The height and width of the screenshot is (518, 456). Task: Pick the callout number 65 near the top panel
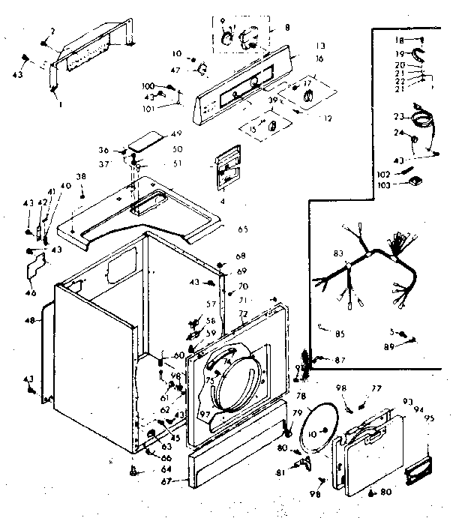(x=242, y=229)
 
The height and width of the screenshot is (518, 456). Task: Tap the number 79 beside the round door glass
(x=297, y=413)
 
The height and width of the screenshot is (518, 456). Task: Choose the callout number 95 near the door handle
(x=430, y=418)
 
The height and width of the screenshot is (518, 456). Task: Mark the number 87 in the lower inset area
(x=340, y=361)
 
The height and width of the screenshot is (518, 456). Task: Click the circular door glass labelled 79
(x=322, y=428)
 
